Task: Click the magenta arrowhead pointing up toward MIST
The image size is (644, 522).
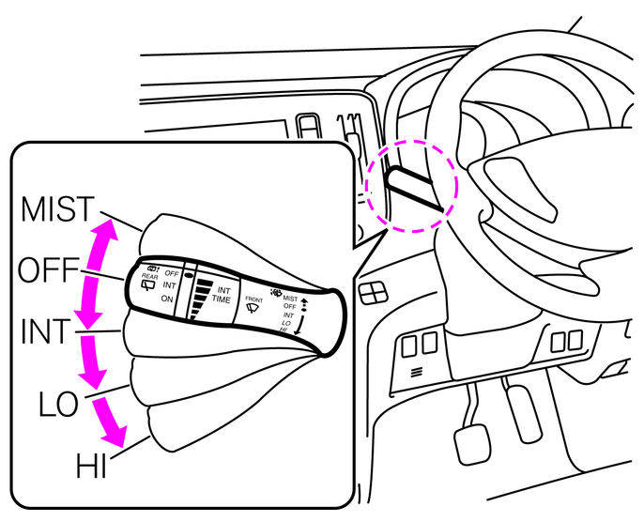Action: pyautogui.click(x=106, y=229)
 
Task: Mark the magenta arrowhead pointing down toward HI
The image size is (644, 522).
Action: pyautogui.click(x=115, y=438)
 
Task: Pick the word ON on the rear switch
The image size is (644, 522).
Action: pyautogui.click(x=168, y=299)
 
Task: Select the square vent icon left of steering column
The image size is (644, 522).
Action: pyautogui.click(x=372, y=293)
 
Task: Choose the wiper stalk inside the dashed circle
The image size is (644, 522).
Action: pyautogui.click(x=410, y=184)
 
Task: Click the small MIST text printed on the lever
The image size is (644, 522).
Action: pyautogui.click(x=289, y=299)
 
